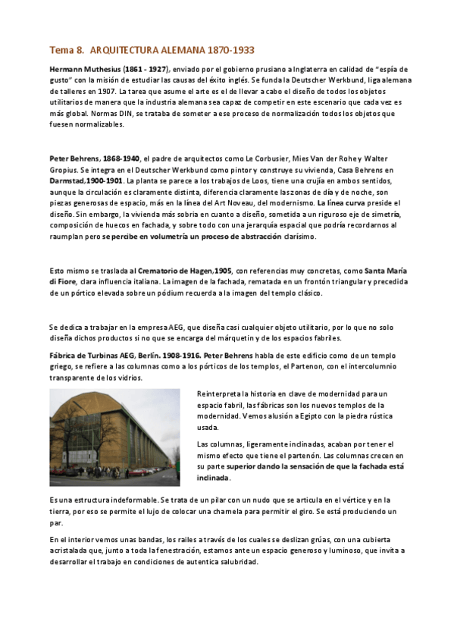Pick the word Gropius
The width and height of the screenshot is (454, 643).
64,169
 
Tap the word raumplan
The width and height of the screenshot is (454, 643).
66,237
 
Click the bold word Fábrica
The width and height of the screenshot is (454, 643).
64,355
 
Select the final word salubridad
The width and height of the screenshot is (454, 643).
236,562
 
